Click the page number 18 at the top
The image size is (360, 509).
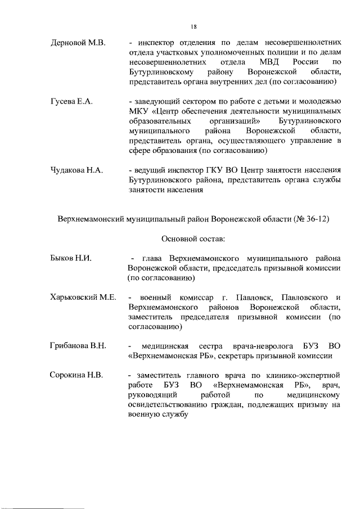tap(193, 26)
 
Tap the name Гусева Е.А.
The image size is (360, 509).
tap(71, 102)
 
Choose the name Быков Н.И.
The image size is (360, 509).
tap(71, 258)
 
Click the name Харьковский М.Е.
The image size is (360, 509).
tap(83, 297)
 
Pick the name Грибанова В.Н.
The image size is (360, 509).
tap(78, 345)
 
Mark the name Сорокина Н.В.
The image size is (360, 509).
tap(76, 375)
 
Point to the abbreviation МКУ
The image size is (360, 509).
tap(138, 111)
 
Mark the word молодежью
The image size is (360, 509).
tap(319, 102)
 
